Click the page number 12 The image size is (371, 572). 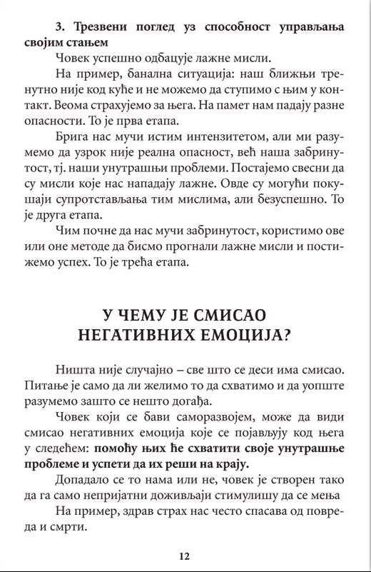click(x=185, y=556)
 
